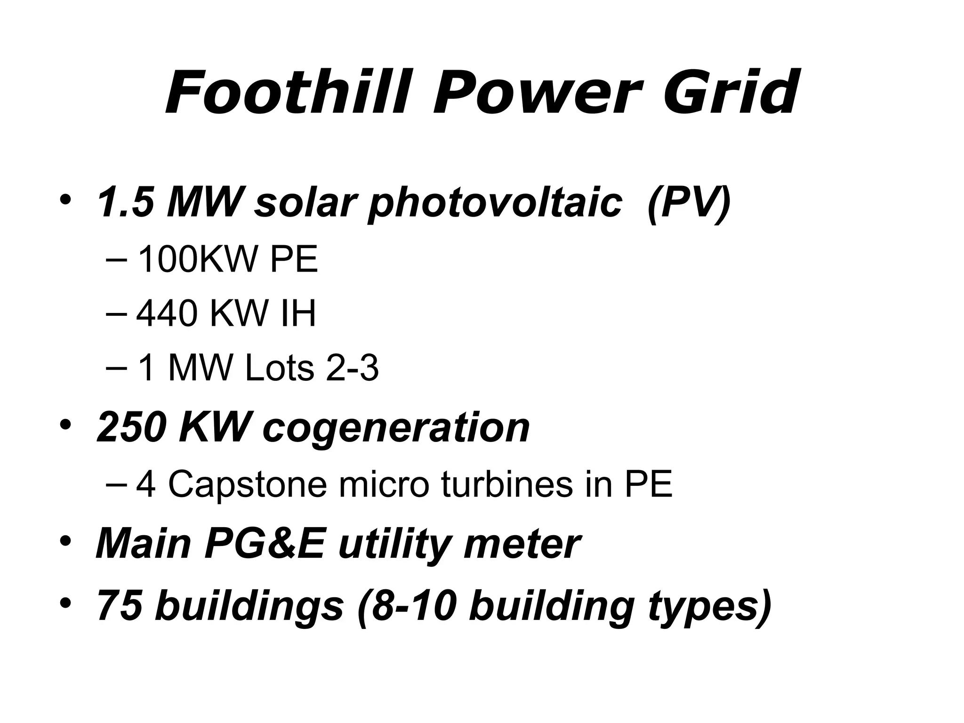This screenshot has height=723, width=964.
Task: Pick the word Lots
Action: coord(280,369)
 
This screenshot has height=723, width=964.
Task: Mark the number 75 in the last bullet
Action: coord(120,605)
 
